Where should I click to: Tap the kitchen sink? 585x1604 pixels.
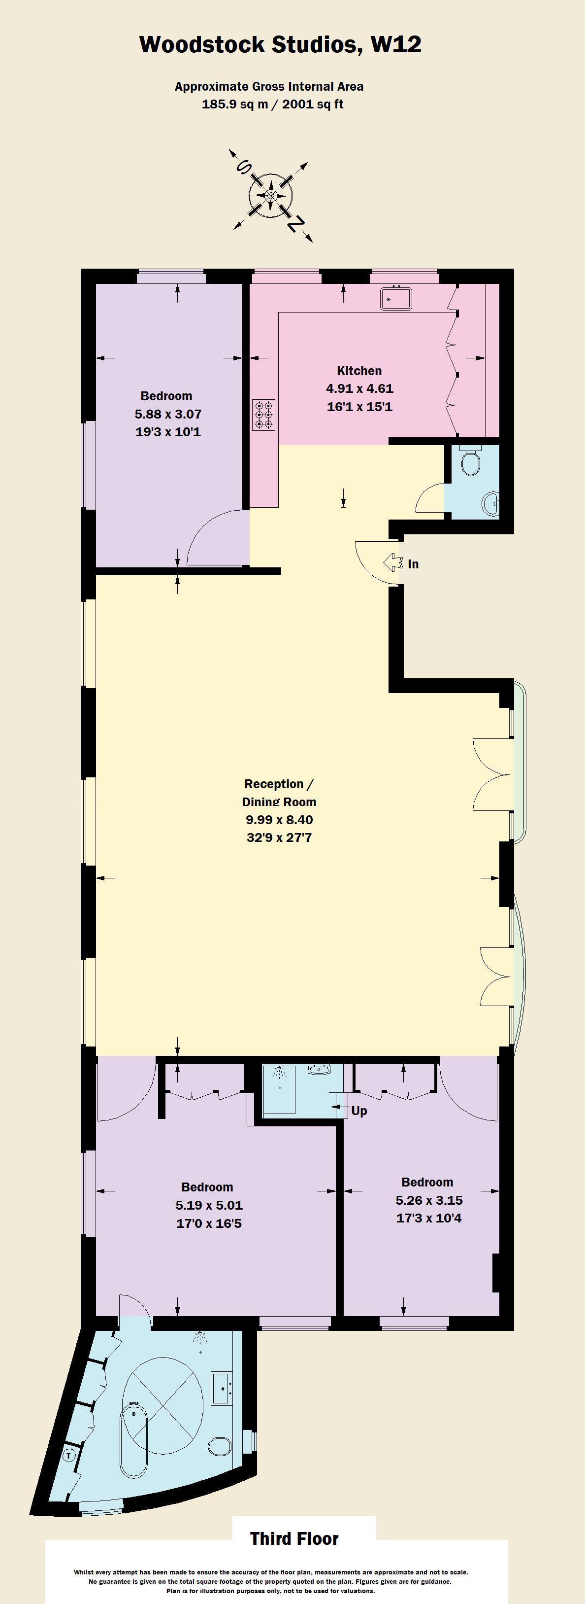[x=396, y=298]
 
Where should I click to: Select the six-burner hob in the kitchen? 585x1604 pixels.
[x=264, y=415]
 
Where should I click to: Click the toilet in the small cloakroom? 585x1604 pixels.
[x=470, y=461]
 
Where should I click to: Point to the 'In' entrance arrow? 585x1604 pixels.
[x=393, y=563]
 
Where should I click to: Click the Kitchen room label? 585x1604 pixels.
[x=359, y=371]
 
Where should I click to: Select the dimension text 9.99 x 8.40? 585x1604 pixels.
[x=279, y=819]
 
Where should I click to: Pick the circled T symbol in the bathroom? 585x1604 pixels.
[x=69, y=1455]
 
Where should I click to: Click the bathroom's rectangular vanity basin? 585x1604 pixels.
[x=221, y=1389]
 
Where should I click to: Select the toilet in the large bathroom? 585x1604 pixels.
[x=219, y=1445]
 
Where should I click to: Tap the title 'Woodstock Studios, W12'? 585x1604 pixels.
[x=280, y=45]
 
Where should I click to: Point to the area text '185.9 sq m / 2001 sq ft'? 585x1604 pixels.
[x=273, y=104]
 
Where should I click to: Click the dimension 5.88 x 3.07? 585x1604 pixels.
[x=168, y=414]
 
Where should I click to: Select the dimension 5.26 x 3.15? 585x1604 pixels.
[x=429, y=1200]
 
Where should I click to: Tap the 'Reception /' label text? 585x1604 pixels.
[x=278, y=784]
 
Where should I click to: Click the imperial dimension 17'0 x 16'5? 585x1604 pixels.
[x=208, y=1223]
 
